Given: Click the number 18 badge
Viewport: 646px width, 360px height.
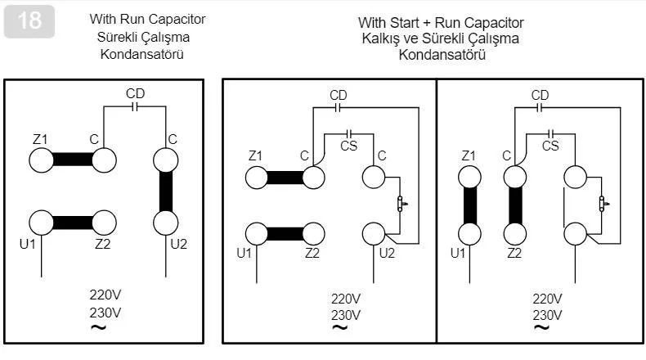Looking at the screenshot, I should [29, 22].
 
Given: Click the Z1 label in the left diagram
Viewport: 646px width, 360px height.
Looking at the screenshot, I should [40, 139].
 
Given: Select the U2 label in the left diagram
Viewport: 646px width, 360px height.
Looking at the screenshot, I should [179, 243].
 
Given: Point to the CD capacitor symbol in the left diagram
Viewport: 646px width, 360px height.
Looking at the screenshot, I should [136, 106].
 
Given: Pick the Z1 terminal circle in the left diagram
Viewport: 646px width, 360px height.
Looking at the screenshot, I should [45, 160].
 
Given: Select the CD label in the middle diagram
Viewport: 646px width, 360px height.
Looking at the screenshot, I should [338, 96].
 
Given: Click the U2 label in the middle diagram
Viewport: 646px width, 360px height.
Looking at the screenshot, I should [387, 253].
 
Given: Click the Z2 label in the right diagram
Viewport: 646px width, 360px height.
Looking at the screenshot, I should [514, 253].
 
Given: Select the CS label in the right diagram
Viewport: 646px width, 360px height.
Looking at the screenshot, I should [550, 146].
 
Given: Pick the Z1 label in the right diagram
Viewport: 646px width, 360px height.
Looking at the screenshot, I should [469, 155].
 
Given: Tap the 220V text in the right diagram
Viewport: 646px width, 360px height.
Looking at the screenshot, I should [547, 299].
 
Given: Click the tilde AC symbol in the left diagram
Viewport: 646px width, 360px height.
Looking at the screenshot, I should [97, 328].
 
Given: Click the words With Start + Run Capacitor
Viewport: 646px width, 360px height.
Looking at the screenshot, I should [441, 23].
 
